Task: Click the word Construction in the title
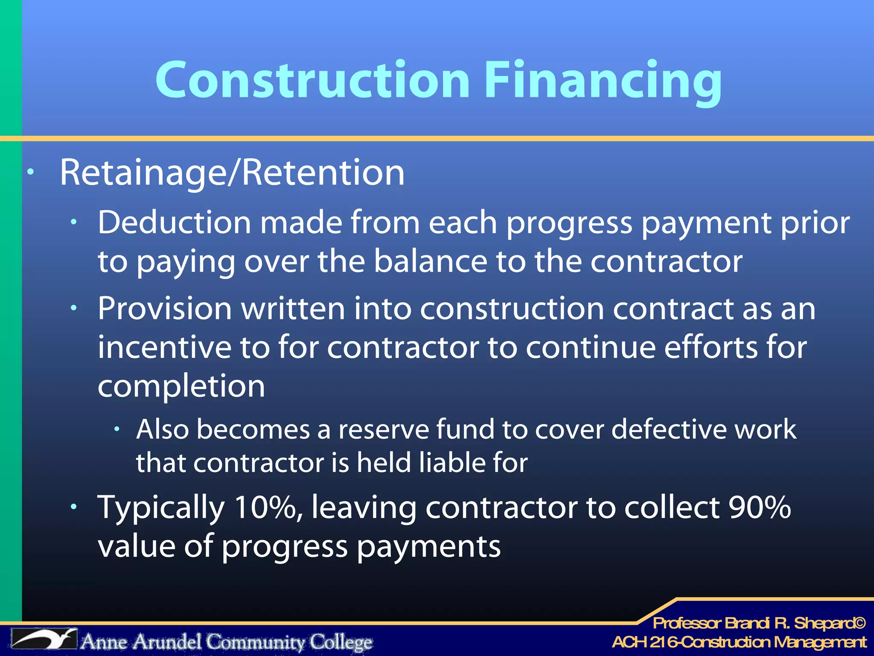[313, 80]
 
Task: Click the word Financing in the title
[603, 81]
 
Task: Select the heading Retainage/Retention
[232, 173]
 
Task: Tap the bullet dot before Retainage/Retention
[30, 173]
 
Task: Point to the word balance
[431, 261]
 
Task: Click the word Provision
[165, 308]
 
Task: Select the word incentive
[164, 347]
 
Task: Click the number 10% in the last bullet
[268, 507]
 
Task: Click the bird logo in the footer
[44, 639]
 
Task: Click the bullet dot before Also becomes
[117, 429]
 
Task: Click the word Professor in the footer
[687, 624]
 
